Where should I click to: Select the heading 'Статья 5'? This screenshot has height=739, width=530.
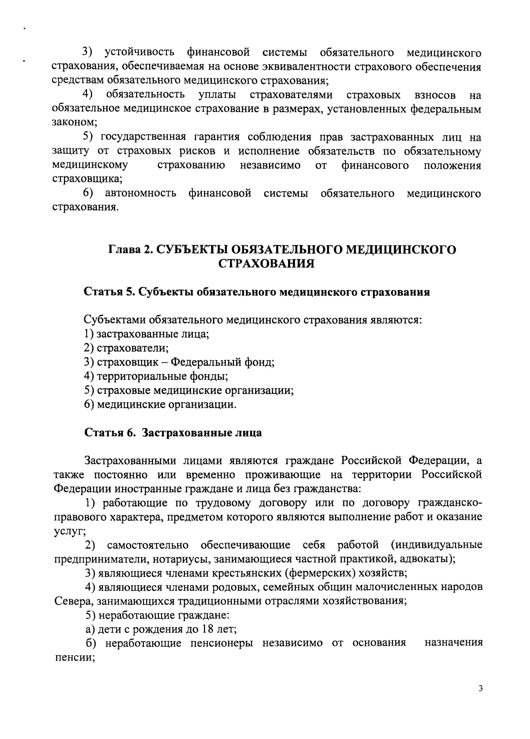tap(108, 292)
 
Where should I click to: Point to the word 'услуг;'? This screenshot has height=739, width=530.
tap(70, 531)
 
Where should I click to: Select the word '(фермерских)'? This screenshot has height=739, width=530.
tap(320, 574)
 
